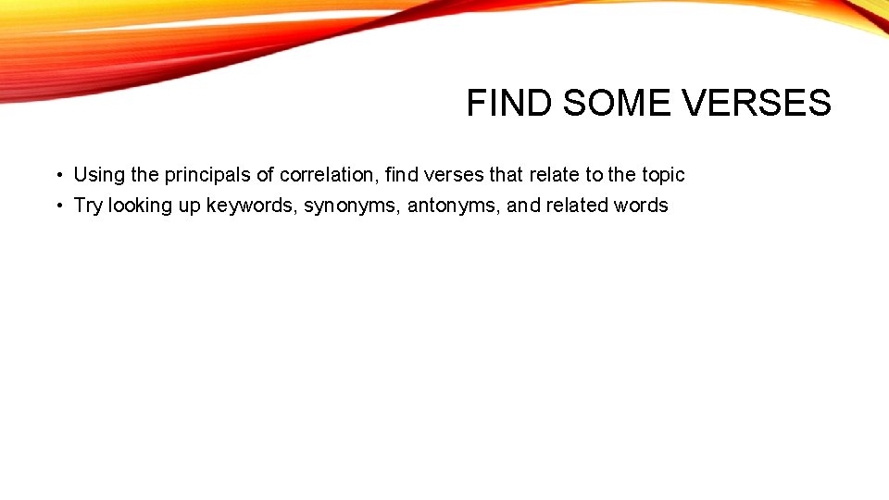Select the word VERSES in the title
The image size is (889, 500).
coord(758,104)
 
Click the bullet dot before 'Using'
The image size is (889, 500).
coord(57,175)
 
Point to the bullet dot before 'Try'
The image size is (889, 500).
coord(57,206)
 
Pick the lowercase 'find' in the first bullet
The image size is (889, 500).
coord(403,175)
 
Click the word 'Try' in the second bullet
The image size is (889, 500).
coord(88,206)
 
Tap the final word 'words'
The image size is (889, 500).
coord(641,206)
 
